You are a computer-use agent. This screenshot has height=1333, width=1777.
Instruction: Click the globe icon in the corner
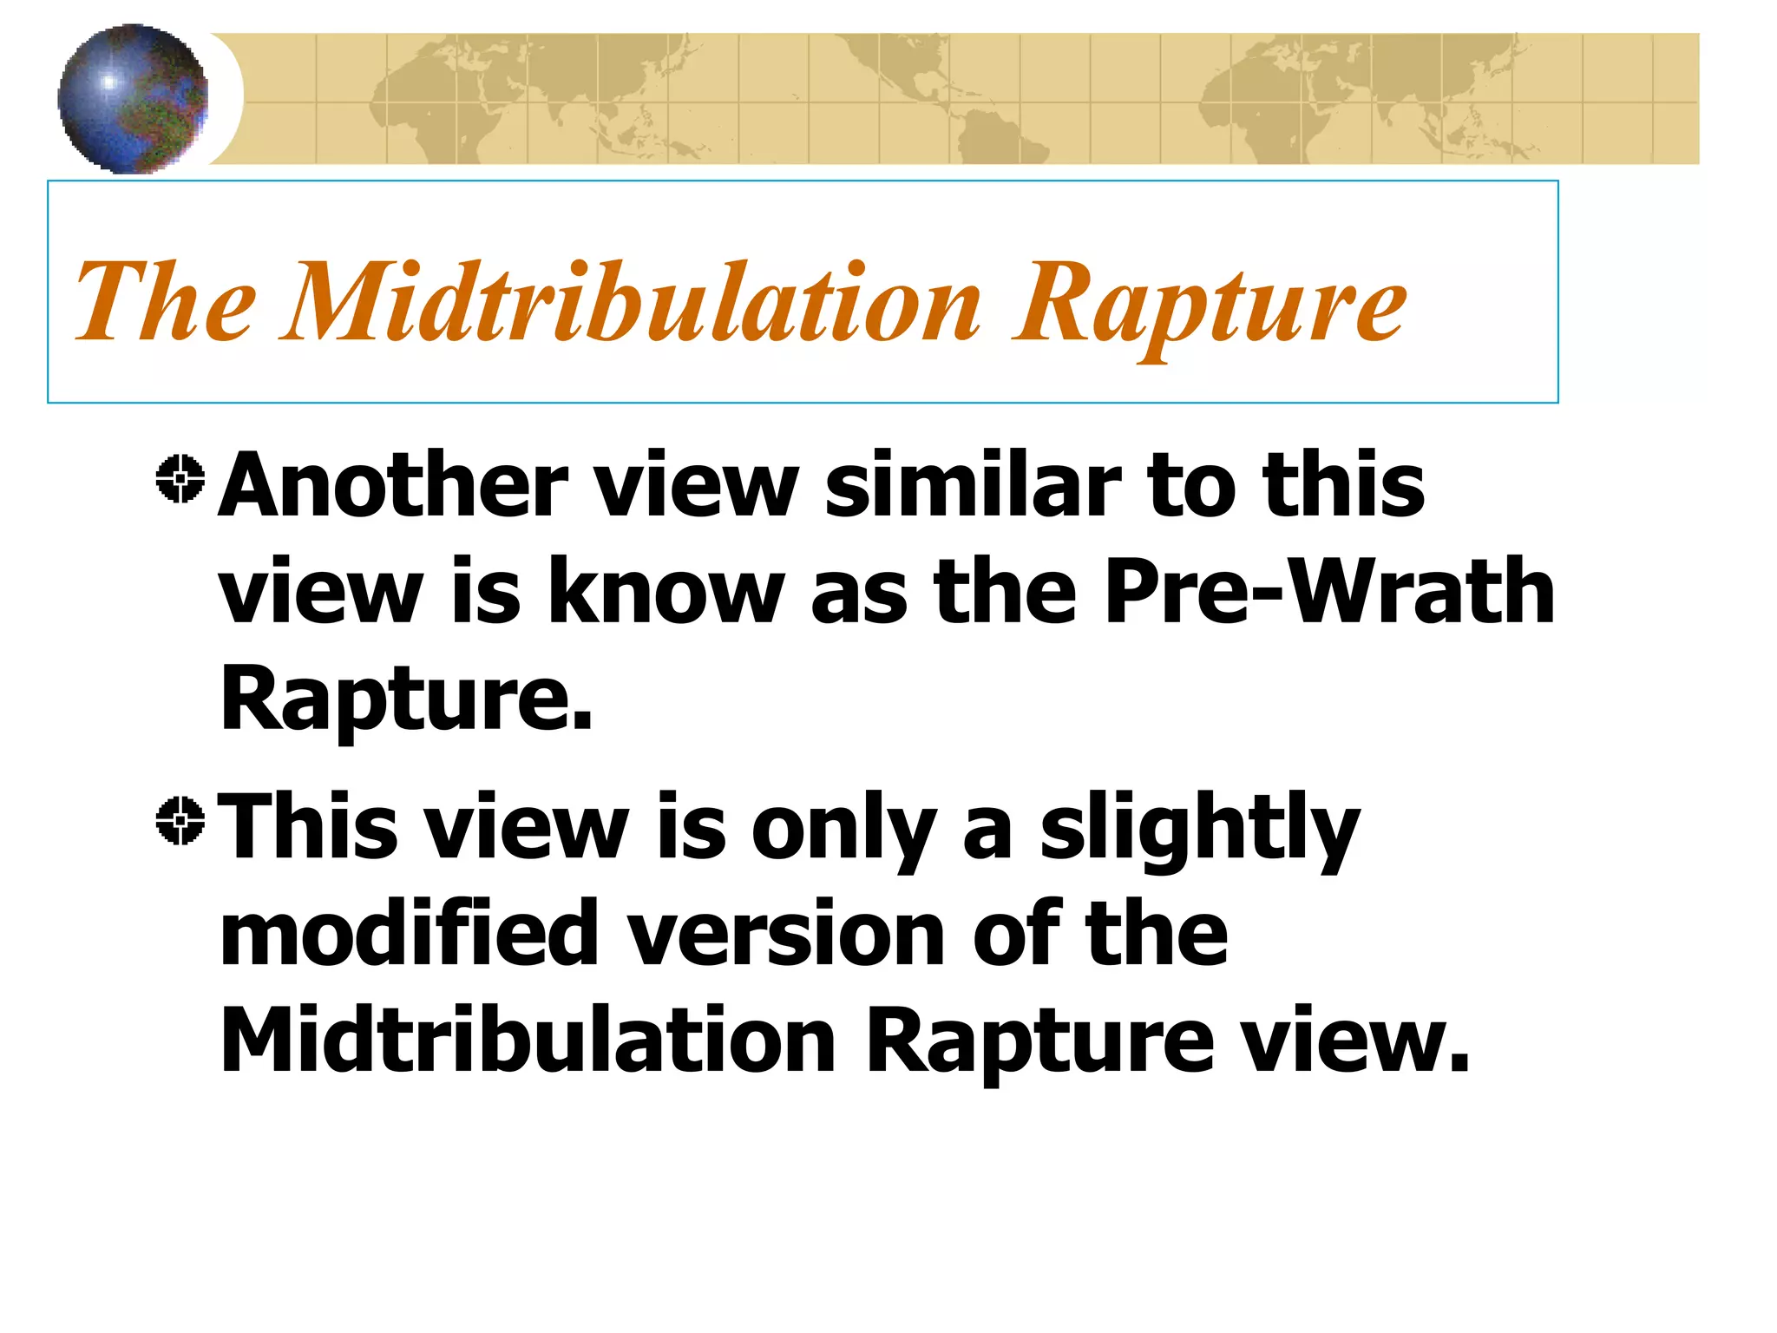point(133,99)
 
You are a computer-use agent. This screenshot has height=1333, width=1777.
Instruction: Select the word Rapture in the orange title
point(1210,305)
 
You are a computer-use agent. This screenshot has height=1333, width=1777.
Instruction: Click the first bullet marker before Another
point(180,478)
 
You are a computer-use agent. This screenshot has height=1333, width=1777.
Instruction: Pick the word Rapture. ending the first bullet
point(406,699)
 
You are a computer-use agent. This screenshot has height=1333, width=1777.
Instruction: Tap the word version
point(786,934)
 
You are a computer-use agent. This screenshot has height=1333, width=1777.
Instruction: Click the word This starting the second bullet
point(309,826)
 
